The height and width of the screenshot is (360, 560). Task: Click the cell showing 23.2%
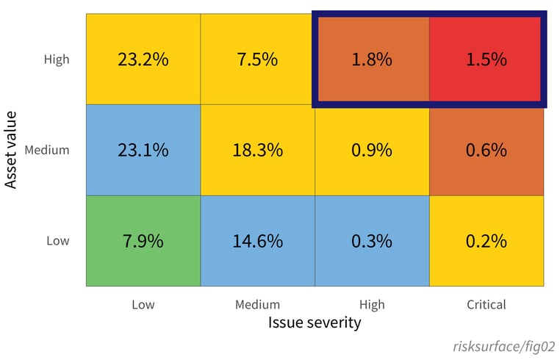point(143,60)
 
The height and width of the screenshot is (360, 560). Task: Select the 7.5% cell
point(258,60)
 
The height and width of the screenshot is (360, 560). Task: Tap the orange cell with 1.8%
point(372,60)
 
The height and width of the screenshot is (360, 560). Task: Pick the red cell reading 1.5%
point(486,60)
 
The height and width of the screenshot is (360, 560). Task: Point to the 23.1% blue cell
point(143,150)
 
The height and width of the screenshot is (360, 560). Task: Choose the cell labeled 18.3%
point(258,150)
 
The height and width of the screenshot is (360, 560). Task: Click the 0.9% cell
point(372,150)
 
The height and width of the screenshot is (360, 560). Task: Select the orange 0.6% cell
point(487,150)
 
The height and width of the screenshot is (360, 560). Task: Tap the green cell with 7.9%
point(143,241)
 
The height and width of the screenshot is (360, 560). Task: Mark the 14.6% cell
point(258,241)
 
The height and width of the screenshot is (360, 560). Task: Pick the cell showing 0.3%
point(372,241)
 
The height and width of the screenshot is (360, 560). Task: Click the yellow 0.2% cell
point(487,241)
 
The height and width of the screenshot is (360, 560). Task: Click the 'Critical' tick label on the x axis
point(487,304)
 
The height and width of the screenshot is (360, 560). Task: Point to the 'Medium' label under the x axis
point(258,304)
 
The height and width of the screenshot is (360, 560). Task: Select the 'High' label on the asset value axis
point(57,60)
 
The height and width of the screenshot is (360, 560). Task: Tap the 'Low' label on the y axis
point(58,241)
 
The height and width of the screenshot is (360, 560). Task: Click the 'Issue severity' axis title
point(315,323)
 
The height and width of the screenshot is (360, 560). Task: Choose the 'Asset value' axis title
point(12,150)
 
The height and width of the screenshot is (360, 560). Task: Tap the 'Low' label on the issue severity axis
point(143,304)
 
